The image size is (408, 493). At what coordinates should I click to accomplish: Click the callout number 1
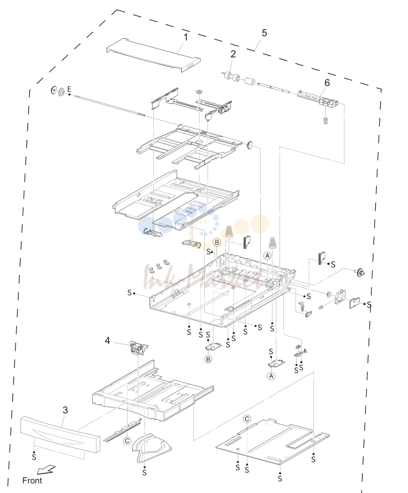(185, 38)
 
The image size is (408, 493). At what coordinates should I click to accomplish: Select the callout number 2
(233, 54)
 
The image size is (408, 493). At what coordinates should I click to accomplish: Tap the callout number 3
(65, 410)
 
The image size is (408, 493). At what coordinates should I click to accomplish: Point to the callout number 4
(108, 341)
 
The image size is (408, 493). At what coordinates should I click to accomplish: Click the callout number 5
(264, 33)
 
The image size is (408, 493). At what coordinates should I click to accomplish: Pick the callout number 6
(327, 83)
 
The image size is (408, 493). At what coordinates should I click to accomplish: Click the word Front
(32, 481)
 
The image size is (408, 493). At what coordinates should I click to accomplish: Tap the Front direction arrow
(46, 470)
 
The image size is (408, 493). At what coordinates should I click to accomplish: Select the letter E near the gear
(69, 89)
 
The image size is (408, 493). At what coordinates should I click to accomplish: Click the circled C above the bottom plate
(247, 419)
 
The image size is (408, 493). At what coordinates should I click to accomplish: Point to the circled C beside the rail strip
(127, 441)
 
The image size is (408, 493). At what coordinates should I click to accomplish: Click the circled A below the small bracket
(271, 376)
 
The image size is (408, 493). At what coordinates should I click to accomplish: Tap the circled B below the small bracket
(208, 359)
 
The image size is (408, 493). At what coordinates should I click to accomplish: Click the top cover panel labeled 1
(153, 55)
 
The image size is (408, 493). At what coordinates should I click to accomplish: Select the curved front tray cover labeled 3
(60, 434)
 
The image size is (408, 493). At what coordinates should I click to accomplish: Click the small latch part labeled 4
(138, 348)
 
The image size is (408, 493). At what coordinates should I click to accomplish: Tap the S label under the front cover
(34, 457)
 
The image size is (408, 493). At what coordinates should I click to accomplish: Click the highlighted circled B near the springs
(217, 242)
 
